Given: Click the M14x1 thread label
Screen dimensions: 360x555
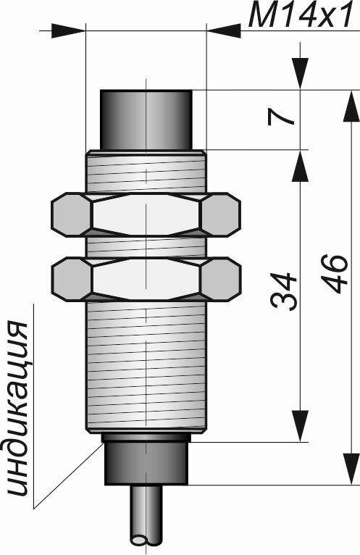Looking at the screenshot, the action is (x=301, y=16).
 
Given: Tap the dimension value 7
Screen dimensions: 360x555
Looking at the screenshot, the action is (x=282, y=117).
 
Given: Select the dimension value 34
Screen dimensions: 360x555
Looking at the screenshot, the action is (x=283, y=291).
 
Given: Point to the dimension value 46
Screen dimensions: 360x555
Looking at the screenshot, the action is (x=336, y=274).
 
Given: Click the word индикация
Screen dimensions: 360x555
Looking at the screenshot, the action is (x=17, y=408).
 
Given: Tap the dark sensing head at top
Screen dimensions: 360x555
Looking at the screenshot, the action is (x=146, y=120).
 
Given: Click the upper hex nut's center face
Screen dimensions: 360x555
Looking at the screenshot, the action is (x=146, y=214).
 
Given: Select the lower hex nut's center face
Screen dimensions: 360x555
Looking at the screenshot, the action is (x=146, y=280).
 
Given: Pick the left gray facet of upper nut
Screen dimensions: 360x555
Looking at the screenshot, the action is (x=72, y=214).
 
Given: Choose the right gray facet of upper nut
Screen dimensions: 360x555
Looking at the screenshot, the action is (x=220, y=214).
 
